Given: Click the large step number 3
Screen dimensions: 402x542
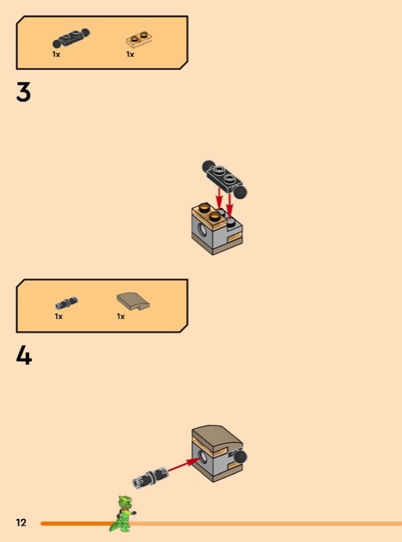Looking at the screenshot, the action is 24,92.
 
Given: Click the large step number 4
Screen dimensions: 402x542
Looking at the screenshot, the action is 24,356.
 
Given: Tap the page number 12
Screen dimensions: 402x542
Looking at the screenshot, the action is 21,522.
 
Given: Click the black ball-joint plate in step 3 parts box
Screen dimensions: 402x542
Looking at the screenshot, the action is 71,38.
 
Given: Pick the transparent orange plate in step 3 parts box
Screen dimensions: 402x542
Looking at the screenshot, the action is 139,40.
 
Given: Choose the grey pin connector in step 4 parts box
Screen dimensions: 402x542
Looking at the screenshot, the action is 66,303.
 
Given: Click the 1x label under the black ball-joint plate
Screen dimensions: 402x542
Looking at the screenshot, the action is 56,54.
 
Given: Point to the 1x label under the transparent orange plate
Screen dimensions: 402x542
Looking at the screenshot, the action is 130,54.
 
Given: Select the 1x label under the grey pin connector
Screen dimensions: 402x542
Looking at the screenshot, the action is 58,316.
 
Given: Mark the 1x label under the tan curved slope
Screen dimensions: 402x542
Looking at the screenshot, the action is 121,316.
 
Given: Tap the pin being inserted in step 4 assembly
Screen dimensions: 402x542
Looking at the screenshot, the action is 150,477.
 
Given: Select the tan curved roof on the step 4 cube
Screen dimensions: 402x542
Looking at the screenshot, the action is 217,437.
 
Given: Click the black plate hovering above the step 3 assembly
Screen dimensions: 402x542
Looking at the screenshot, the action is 225,178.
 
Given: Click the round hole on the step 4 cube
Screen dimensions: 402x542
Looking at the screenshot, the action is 203,458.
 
